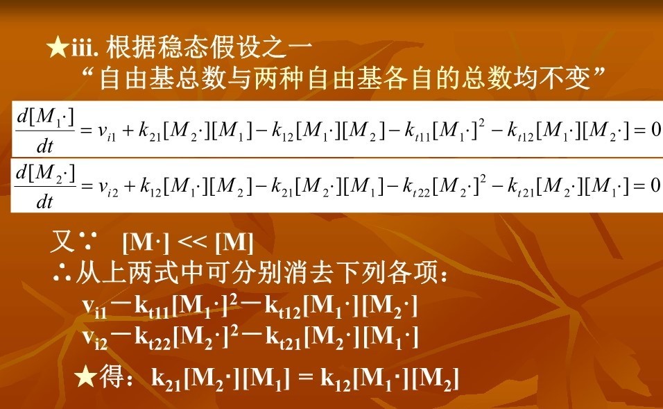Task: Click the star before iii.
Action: click(58, 47)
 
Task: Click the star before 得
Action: click(85, 377)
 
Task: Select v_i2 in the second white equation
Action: click(108, 187)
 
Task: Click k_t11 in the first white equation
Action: click(417, 131)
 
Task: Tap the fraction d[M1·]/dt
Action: click(45, 131)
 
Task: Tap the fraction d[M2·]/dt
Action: click(45, 186)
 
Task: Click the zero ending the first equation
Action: click(656, 130)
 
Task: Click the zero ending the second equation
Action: click(655, 185)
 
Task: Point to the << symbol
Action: click(192, 242)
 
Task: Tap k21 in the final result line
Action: click(166, 379)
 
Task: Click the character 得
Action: click(112, 376)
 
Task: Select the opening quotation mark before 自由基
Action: click(88, 72)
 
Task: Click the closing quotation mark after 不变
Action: click(599, 72)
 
